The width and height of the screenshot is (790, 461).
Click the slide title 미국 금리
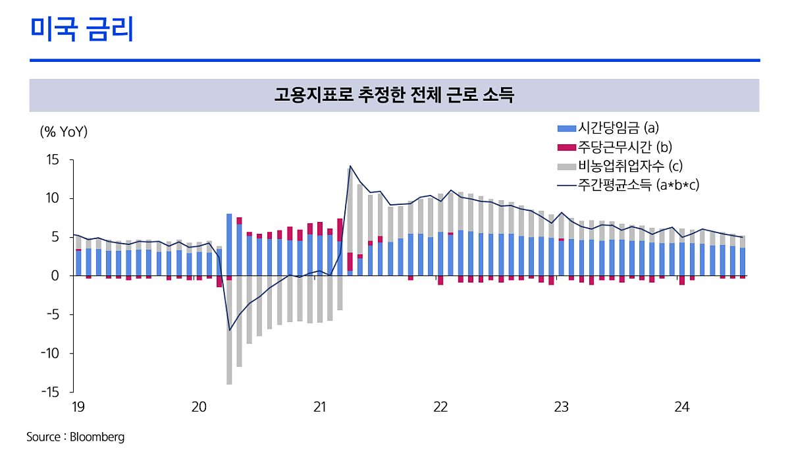[x=82, y=30]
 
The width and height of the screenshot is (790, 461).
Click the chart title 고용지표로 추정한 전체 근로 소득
[x=394, y=95]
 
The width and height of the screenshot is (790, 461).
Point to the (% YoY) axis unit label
[x=64, y=132]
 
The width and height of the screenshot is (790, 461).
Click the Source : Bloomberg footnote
[x=75, y=437]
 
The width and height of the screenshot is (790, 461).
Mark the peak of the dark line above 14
[x=350, y=166]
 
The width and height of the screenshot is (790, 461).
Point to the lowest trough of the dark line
[x=230, y=330]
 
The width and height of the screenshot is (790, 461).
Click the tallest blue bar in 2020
[x=229, y=244]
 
